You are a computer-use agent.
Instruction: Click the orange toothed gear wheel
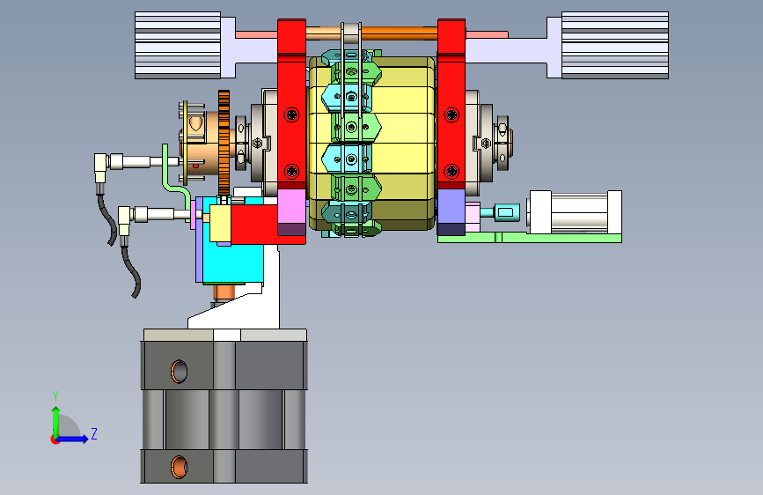tap(224, 143)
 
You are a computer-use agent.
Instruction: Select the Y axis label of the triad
tap(55, 396)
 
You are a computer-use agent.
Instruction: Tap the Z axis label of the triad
tap(94, 433)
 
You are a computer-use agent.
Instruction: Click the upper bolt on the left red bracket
tap(291, 115)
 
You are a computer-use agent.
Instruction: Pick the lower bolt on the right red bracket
tap(451, 172)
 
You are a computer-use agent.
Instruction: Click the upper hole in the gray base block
tap(179, 372)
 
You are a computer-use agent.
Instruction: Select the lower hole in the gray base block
tap(179, 467)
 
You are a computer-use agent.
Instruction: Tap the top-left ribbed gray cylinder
tap(178, 45)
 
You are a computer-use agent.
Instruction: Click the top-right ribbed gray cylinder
tap(615, 45)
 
